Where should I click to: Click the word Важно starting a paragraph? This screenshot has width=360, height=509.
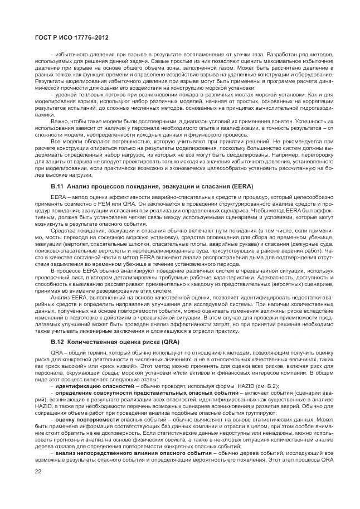click(x=60, y=120)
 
